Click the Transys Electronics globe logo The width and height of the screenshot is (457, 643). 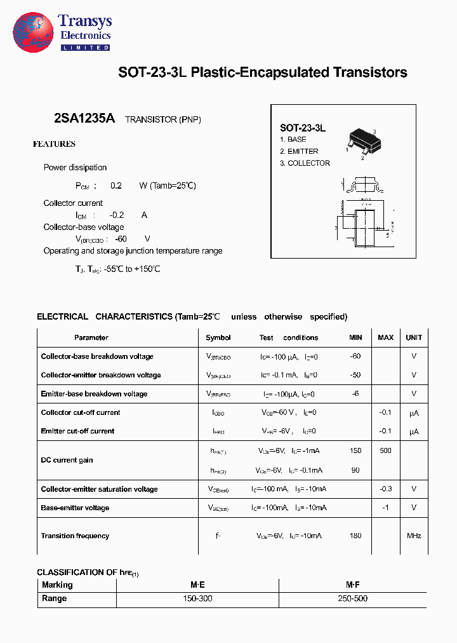(x=33, y=31)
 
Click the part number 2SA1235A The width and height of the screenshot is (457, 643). (x=84, y=118)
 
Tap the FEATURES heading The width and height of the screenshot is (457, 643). (x=54, y=144)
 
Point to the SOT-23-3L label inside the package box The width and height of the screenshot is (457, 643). (x=303, y=128)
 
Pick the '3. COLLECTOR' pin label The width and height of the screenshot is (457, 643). (x=305, y=163)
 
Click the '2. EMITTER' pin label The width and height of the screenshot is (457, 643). (x=299, y=151)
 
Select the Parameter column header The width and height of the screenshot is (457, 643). (x=91, y=337)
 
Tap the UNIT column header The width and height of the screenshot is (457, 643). (x=414, y=337)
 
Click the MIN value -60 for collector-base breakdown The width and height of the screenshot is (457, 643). (x=355, y=356)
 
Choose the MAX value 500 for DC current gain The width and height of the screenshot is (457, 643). (x=385, y=450)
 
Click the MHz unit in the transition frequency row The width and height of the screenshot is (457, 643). (x=414, y=536)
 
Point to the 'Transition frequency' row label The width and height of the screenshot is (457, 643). (x=75, y=536)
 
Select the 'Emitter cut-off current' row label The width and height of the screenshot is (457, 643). (x=77, y=431)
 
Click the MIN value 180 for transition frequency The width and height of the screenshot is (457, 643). (x=355, y=536)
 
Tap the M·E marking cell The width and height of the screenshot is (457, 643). (x=198, y=585)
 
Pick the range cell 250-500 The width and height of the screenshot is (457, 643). (x=353, y=599)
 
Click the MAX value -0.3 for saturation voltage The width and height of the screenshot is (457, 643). (x=385, y=489)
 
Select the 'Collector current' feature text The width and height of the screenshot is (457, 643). (x=73, y=203)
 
